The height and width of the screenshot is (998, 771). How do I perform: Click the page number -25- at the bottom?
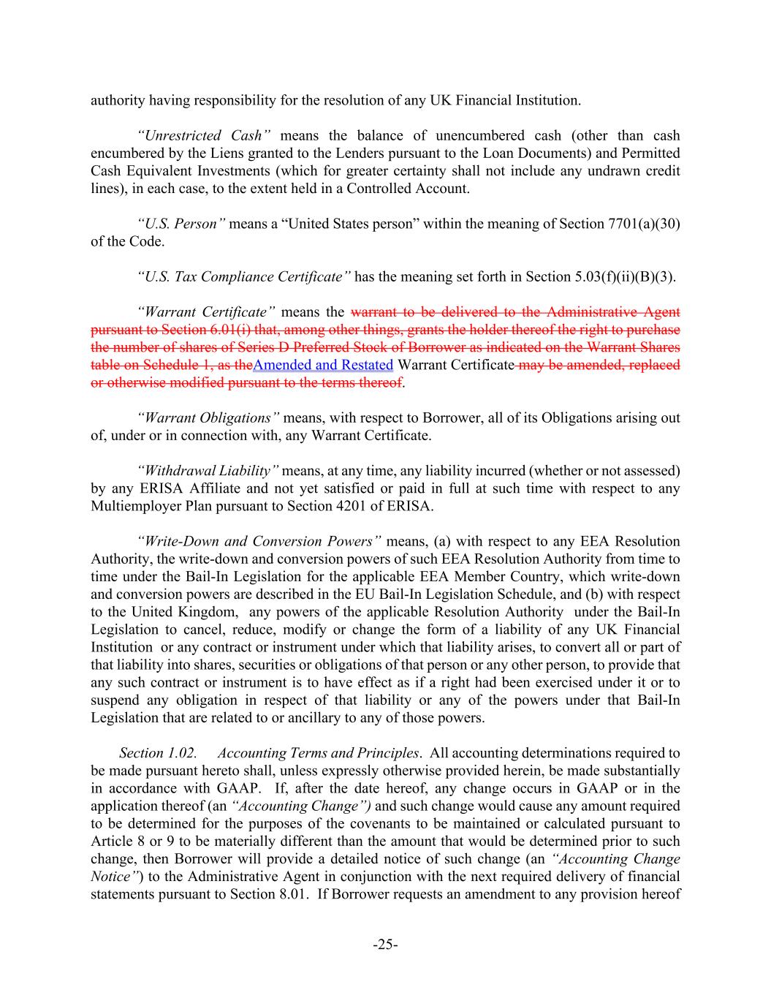(385, 945)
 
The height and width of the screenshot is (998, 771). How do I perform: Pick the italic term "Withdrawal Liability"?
(208, 471)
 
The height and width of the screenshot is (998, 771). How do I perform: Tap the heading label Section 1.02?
(158, 753)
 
